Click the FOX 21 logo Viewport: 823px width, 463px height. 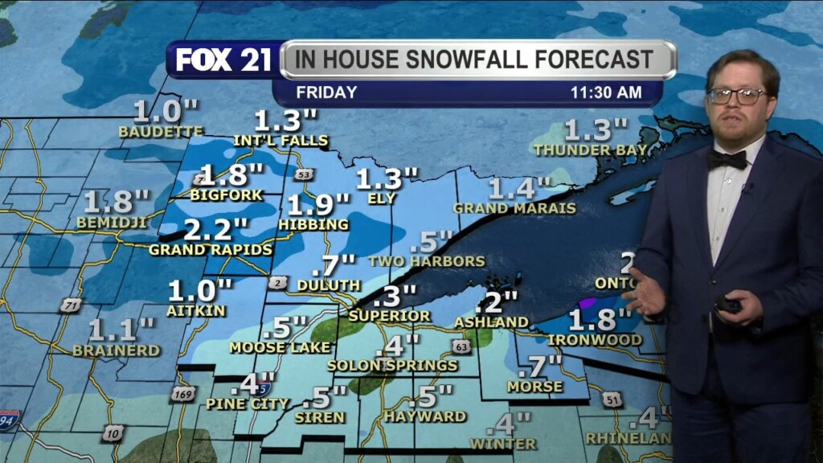click(x=223, y=60)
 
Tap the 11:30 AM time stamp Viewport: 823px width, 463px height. click(x=606, y=92)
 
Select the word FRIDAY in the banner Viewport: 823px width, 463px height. click(x=326, y=92)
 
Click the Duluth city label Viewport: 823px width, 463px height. click(x=329, y=285)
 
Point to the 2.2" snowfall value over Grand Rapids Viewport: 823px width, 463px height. click(x=208, y=231)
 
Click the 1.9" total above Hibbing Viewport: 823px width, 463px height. click(x=318, y=205)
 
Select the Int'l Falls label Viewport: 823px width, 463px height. click(x=280, y=141)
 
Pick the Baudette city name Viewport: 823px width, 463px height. click(x=161, y=131)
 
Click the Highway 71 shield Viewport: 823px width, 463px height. click(x=71, y=305)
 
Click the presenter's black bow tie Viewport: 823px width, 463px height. click(x=727, y=159)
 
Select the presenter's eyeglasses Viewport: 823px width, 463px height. click(x=736, y=96)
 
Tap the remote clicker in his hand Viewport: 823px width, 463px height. click(x=728, y=305)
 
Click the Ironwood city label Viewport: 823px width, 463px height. click(x=596, y=340)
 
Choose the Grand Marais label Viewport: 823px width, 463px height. click(x=514, y=208)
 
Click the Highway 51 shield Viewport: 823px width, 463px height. click(x=612, y=399)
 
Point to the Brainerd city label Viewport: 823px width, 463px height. click(x=117, y=350)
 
